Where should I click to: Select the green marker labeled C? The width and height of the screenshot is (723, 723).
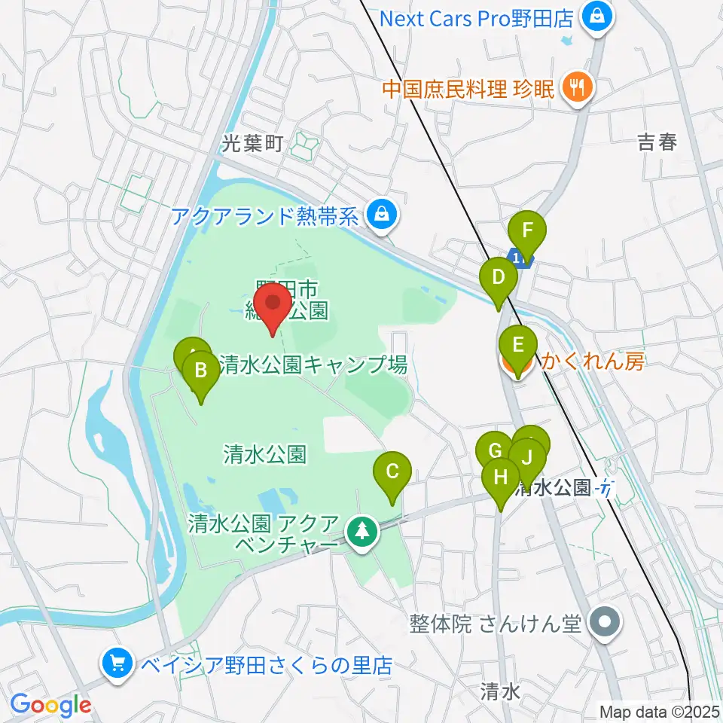[x=392, y=473]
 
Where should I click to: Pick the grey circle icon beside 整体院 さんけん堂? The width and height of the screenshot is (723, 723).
[x=606, y=624]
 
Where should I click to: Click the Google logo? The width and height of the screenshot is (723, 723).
[x=51, y=705]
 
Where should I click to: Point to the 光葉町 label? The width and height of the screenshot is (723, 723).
[x=252, y=144]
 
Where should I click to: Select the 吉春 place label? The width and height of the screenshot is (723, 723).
[x=657, y=142]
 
